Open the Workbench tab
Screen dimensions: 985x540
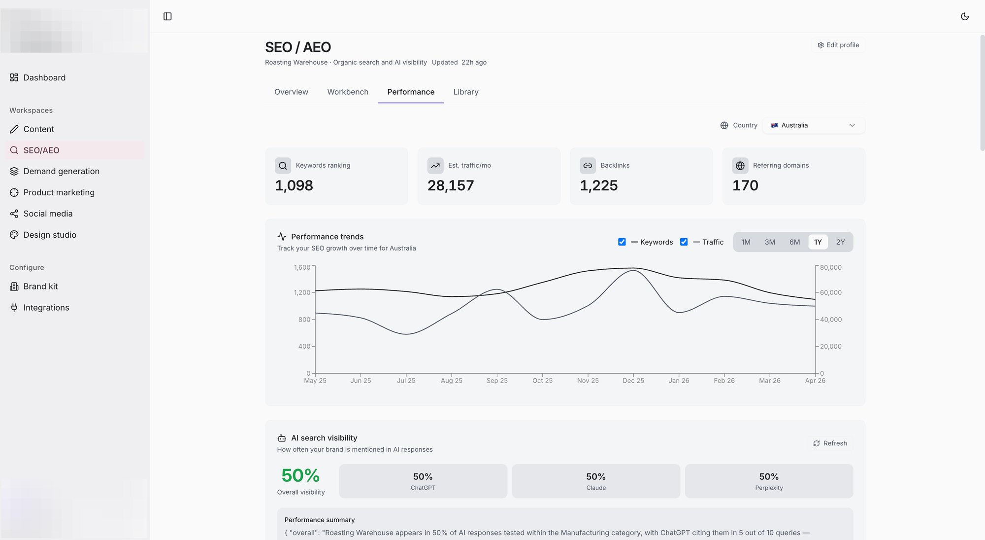(348, 92)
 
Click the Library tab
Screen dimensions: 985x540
(466, 92)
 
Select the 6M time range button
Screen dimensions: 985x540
(794, 242)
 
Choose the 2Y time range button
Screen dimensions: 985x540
(840, 242)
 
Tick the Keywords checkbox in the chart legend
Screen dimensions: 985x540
(622, 242)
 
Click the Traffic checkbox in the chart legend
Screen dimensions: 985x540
(684, 242)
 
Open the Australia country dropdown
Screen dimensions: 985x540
(814, 125)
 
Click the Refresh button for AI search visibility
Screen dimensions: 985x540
(830, 443)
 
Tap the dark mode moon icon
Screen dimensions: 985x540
(965, 16)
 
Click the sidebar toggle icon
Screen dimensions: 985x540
(167, 16)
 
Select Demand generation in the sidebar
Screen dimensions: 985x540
(61, 171)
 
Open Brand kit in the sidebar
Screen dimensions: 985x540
(40, 287)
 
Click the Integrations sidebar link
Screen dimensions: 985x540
(46, 308)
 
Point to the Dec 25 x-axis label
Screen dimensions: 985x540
(633, 381)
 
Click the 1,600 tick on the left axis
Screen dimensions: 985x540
(302, 267)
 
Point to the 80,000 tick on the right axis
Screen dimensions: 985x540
(831, 267)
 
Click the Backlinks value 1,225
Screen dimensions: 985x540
(599, 185)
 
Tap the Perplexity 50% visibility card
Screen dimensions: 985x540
(769, 481)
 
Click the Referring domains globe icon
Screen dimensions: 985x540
(740, 166)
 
